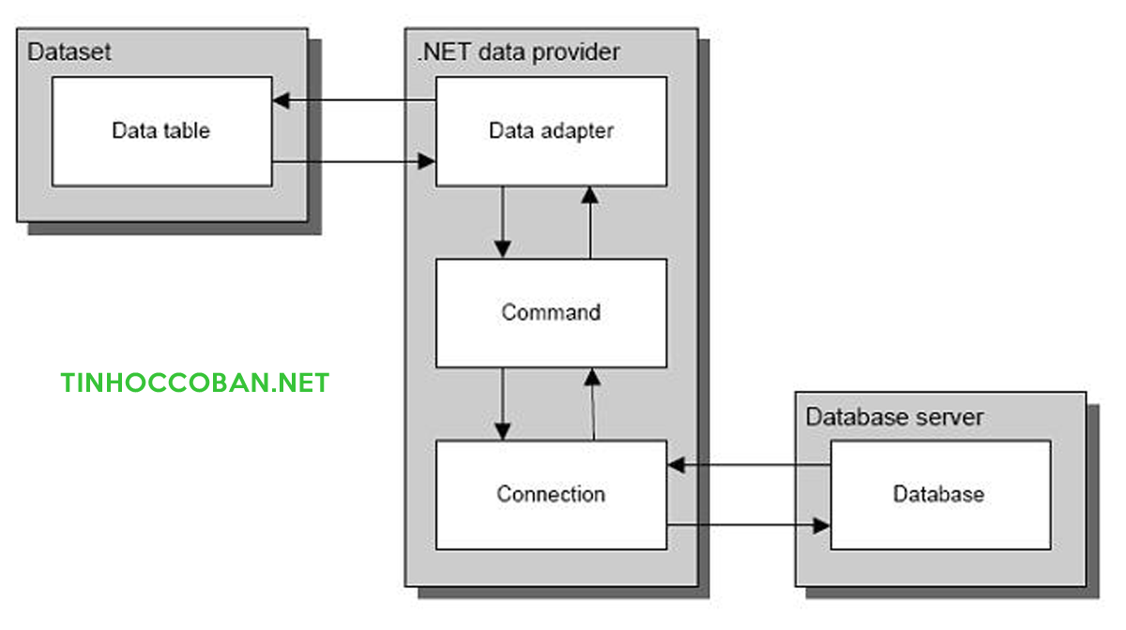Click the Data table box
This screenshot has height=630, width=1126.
coord(160,131)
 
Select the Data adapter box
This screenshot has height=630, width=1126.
coord(551,131)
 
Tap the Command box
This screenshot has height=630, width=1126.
coord(551,312)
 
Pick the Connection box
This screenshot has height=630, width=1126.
coord(551,494)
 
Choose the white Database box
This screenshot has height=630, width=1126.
coord(939,494)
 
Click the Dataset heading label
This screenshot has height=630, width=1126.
coord(69,52)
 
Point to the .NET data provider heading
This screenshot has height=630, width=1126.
coord(518,52)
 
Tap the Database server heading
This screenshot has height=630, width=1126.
coord(894,416)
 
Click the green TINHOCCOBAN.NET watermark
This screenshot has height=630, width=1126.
coord(195,382)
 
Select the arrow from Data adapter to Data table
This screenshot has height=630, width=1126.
coord(353,100)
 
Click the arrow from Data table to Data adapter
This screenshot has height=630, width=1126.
coord(353,162)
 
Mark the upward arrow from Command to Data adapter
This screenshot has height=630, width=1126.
coord(589,222)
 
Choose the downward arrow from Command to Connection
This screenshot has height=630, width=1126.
coord(503,404)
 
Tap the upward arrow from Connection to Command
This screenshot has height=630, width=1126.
coord(591,404)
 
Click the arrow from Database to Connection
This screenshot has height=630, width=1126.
coord(749,464)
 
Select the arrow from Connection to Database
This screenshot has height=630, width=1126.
coord(749,525)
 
